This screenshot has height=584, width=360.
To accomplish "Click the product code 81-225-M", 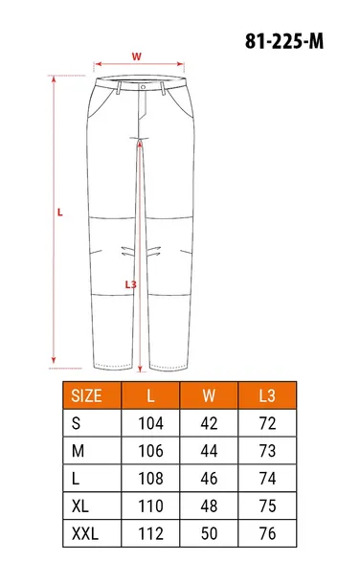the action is click(x=284, y=41).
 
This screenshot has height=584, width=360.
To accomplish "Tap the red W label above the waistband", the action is click(x=137, y=56).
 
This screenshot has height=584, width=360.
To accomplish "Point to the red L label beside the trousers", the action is click(x=60, y=213).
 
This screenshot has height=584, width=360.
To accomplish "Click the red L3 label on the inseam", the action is click(x=130, y=285).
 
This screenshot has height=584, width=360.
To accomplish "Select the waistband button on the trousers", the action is click(x=143, y=87).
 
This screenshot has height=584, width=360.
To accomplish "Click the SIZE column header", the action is click(x=86, y=395).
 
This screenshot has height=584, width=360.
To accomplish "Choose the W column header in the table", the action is click(x=209, y=395).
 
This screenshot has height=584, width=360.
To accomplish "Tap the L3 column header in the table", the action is click(x=267, y=395).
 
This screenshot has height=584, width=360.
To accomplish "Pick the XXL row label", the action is click(x=85, y=533).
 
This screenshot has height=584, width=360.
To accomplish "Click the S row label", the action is click(x=76, y=423).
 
